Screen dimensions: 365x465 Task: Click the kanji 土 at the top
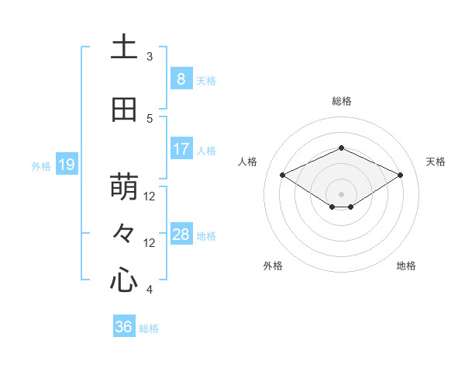[x=124, y=48]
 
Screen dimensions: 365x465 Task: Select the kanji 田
[x=124, y=110]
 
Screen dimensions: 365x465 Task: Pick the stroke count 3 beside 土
[x=150, y=57]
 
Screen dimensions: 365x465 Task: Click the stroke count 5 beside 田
[x=150, y=119]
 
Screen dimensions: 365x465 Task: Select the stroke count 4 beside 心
[x=150, y=290]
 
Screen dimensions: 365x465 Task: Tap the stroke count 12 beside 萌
[x=150, y=196]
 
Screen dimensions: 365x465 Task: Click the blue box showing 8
[x=181, y=78]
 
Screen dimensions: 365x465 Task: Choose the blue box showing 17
[x=181, y=149]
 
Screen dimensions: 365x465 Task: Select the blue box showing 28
[x=181, y=235]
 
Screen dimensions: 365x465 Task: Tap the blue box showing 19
[x=66, y=165]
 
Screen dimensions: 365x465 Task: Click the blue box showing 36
[x=123, y=327]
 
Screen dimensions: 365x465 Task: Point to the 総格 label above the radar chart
[x=341, y=101]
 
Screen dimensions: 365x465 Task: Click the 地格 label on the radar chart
[x=406, y=266]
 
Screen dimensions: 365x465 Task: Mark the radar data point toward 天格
[x=401, y=175]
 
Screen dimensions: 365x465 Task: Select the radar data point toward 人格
[x=282, y=175]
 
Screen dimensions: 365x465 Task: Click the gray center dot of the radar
[x=341, y=193]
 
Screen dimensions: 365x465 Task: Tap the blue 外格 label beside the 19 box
[x=41, y=165]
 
